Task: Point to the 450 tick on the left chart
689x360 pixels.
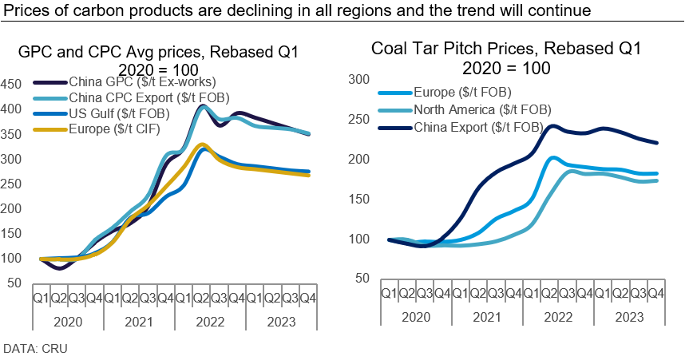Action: [12, 84]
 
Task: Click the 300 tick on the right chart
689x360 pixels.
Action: [360, 80]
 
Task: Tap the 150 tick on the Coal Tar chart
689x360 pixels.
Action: [360, 199]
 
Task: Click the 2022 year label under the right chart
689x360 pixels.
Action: [557, 316]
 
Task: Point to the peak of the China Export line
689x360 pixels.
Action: [552, 125]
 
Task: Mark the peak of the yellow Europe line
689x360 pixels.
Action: [204, 144]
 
